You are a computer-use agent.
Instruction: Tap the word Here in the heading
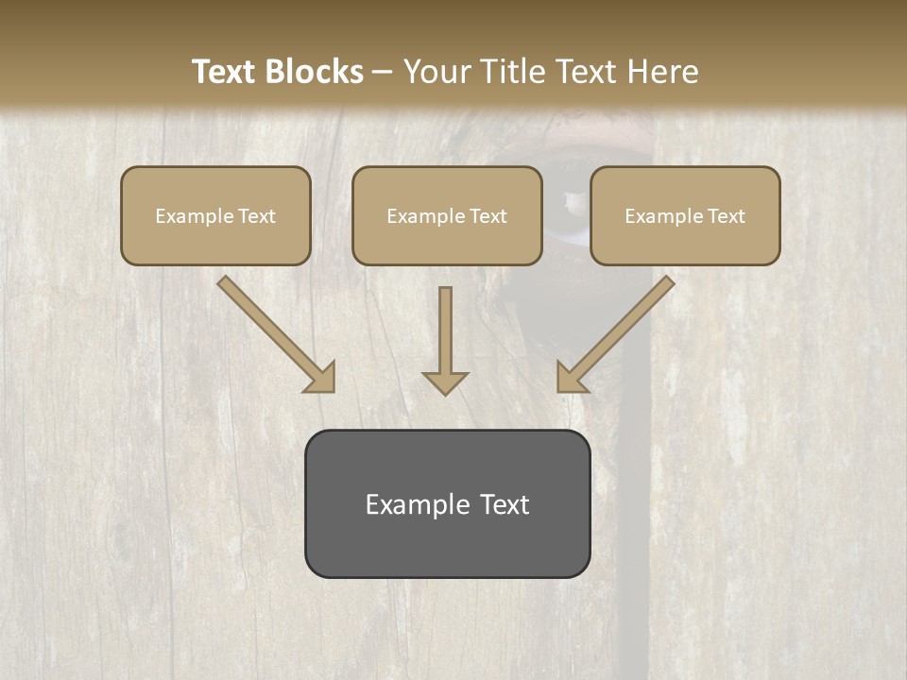pyautogui.click(x=662, y=72)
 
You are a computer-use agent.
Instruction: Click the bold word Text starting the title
pyautogui.click(x=224, y=72)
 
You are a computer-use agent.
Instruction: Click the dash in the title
pyautogui.click(x=384, y=72)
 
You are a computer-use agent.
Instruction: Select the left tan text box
pyautogui.click(x=215, y=215)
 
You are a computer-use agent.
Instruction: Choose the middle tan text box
pyautogui.click(x=447, y=215)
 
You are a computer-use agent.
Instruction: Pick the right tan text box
pyautogui.click(x=685, y=215)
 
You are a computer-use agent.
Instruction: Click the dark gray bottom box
pyautogui.click(x=447, y=503)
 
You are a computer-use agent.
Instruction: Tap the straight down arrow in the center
pyautogui.click(x=445, y=340)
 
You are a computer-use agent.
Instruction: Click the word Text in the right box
pyautogui.click(x=727, y=216)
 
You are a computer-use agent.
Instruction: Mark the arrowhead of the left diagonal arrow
pyautogui.click(x=321, y=378)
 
